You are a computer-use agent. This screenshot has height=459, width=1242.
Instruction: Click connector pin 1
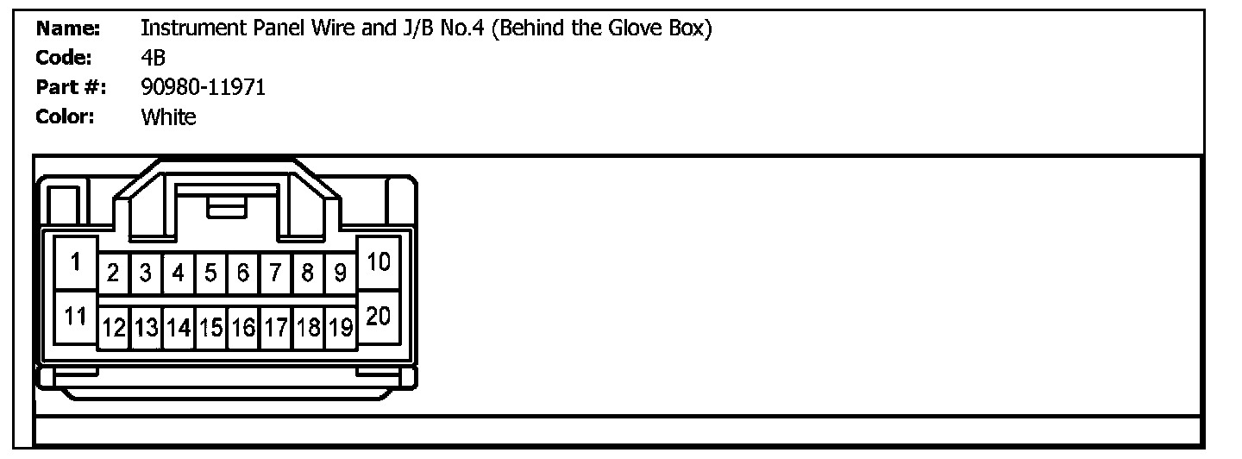coord(76,261)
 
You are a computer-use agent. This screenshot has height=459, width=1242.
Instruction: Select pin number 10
coord(378,261)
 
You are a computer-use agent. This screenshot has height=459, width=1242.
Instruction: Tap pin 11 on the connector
coord(76,317)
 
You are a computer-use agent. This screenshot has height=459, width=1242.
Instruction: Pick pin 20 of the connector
coord(378,317)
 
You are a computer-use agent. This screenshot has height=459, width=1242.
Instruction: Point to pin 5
coord(210,274)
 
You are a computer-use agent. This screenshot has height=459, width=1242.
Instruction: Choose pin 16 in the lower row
coord(243,328)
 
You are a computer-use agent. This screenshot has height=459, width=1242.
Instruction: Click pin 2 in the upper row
coord(113,274)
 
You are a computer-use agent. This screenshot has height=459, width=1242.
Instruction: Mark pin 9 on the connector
coord(341,274)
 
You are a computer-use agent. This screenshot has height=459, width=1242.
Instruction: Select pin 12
coord(113,328)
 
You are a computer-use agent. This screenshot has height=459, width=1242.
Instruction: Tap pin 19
coord(341,328)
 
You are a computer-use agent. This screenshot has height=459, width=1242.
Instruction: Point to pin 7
coord(275,274)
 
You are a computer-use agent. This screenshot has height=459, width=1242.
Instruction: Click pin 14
coord(179,328)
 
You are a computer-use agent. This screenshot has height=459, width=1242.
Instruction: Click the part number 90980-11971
coord(203,87)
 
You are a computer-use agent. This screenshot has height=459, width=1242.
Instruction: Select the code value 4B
coord(153,58)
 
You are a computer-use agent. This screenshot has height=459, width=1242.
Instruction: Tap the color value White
coord(168,116)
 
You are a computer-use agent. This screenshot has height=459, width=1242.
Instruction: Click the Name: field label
coord(69,29)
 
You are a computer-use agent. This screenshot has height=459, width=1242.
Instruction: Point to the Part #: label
coord(71,87)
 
